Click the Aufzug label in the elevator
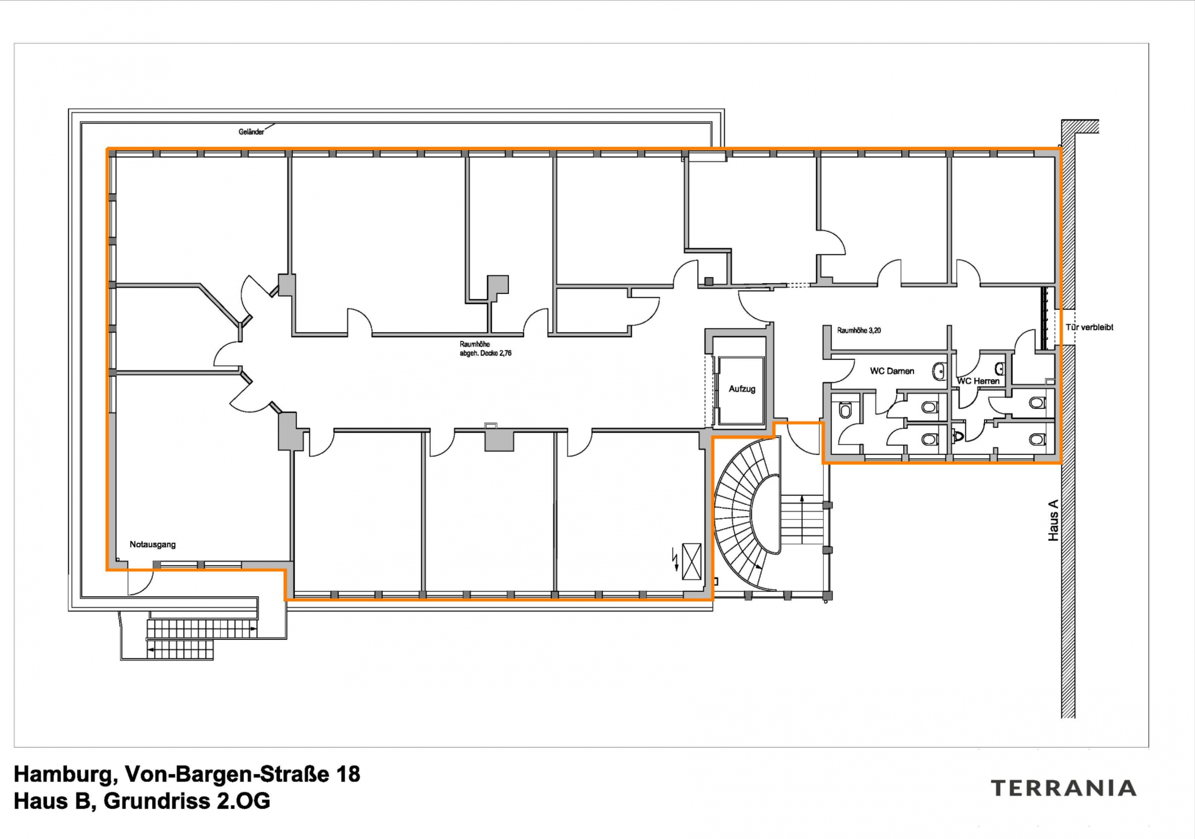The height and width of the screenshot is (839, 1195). (x=742, y=389)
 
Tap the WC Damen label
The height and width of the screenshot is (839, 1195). (x=892, y=371)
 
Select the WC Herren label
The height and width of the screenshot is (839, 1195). (x=978, y=381)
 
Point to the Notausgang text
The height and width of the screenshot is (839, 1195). (x=153, y=545)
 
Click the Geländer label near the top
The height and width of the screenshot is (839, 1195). (x=252, y=132)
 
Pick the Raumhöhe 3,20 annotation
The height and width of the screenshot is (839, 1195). (x=859, y=330)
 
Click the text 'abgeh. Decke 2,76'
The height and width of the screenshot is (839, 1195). (x=485, y=353)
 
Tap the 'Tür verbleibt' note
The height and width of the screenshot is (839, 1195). (x=1090, y=327)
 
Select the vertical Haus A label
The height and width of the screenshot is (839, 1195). (x=1053, y=520)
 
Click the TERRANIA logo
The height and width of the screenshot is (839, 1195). (x=1063, y=788)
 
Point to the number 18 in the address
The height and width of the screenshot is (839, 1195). (x=348, y=774)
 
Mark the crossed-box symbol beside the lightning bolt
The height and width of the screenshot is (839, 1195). (x=692, y=561)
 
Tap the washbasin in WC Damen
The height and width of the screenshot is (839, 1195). (x=940, y=371)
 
